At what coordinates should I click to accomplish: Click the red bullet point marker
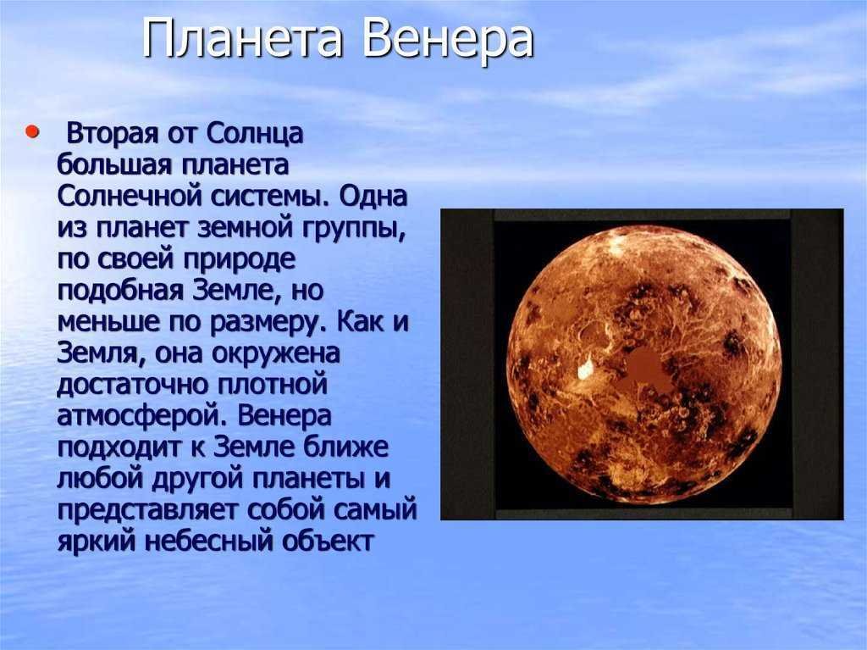33,132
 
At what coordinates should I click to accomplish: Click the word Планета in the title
242,39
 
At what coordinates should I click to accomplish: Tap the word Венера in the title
448,39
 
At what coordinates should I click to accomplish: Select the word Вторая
113,135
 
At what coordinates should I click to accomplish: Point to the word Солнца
256,135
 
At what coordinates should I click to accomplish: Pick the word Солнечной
130,197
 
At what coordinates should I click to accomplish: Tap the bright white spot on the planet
585,368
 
